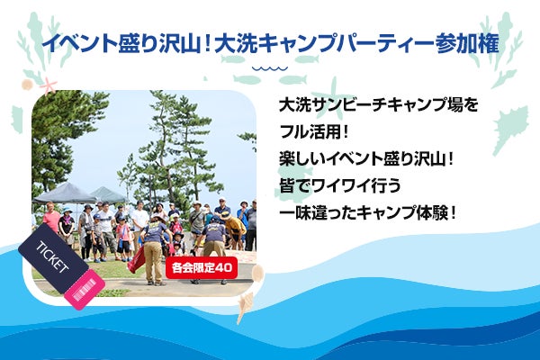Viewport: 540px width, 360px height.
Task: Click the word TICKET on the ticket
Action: (x=53, y=257)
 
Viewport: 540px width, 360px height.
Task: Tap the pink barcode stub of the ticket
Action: (x=85, y=290)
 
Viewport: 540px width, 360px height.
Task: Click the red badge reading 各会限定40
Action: (x=202, y=267)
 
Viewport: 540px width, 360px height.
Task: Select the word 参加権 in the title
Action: (x=467, y=44)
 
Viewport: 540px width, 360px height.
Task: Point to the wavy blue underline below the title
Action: (x=270, y=68)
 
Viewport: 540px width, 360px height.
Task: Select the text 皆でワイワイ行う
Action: (x=340, y=186)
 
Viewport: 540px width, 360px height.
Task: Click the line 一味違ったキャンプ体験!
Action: (x=368, y=213)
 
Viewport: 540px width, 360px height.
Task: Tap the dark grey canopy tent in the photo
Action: (x=66, y=194)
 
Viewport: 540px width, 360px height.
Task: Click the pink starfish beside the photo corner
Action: (x=49, y=85)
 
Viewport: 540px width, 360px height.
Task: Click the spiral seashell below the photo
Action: (x=245, y=306)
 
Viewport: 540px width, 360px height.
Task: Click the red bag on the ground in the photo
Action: (x=137, y=259)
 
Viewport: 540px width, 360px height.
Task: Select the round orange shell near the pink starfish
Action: (x=27, y=85)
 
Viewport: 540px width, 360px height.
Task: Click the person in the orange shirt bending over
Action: (x=235, y=229)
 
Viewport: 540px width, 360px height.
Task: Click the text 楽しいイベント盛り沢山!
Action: (x=366, y=159)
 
